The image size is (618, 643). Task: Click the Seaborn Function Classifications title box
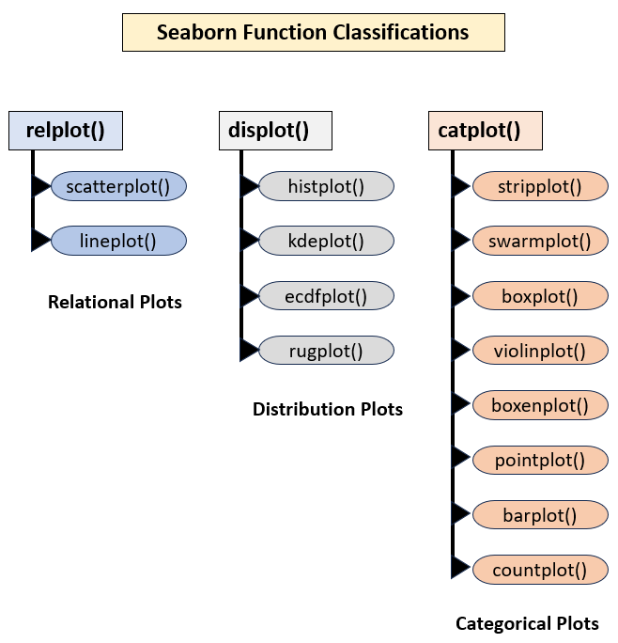coord(313,32)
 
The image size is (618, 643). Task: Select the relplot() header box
coord(66,130)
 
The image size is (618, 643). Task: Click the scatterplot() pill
coord(119,185)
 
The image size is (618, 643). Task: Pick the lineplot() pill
coord(119,240)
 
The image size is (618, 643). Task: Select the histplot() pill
coord(326,185)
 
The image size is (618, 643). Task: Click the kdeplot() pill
coord(326,240)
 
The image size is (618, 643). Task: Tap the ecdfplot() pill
coord(326,295)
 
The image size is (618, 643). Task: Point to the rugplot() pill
coord(326,351)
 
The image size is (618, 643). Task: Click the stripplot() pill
coord(540,185)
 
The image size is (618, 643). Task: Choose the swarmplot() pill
coord(540,241)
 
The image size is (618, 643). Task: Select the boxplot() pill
coord(540,295)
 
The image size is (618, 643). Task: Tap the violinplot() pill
coord(540,351)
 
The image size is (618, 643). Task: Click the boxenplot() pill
coord(540,405)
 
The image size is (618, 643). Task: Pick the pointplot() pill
coord(540,460)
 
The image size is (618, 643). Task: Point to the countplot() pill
coord(540,569)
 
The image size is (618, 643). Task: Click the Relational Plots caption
coord(115,303)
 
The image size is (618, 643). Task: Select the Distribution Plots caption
coord(328,409)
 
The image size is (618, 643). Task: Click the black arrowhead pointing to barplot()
coord(461,514)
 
